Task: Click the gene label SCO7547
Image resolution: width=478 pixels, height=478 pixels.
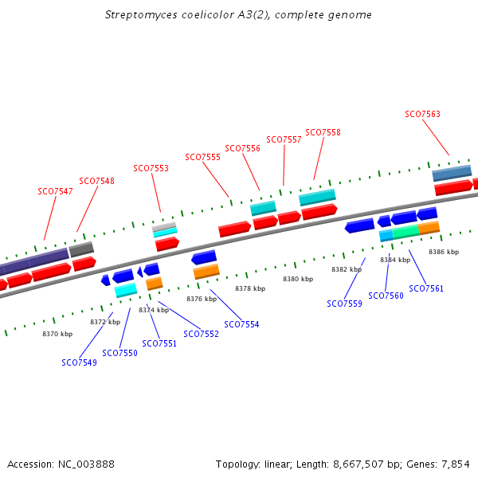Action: click(55, 191)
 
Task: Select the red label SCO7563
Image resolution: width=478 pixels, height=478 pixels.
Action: click(422, 114)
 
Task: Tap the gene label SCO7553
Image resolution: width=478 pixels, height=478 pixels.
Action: click(151, 168)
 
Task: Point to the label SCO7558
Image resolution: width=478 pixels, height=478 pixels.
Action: click(323, 132)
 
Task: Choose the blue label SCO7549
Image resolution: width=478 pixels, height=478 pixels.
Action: click(79, 362)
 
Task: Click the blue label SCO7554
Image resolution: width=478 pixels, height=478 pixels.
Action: click(241, 324)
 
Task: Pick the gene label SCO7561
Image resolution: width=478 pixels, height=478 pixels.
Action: click(426, 288)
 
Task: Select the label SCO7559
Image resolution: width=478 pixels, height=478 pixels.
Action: click(344, 304)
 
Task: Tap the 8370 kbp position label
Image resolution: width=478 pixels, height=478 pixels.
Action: click(57, 334)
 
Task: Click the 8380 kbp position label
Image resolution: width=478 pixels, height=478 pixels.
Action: click(298, 279)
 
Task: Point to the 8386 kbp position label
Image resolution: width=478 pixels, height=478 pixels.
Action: click(444, 252)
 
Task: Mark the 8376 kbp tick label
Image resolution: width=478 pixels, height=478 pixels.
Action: click(202, 299)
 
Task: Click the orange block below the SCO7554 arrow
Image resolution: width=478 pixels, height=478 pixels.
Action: click(206, 272)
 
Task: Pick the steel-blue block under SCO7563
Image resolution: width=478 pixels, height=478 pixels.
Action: click(452, 173)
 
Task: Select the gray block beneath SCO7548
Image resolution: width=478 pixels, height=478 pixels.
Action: click(81, 249)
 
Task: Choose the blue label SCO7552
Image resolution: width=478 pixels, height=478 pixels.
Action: click(201, 334)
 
